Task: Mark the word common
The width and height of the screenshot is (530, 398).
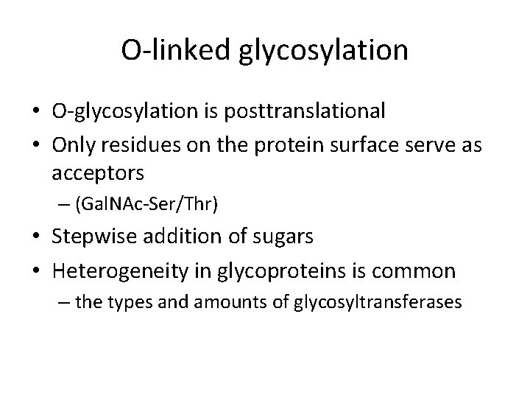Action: pos(420,272)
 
